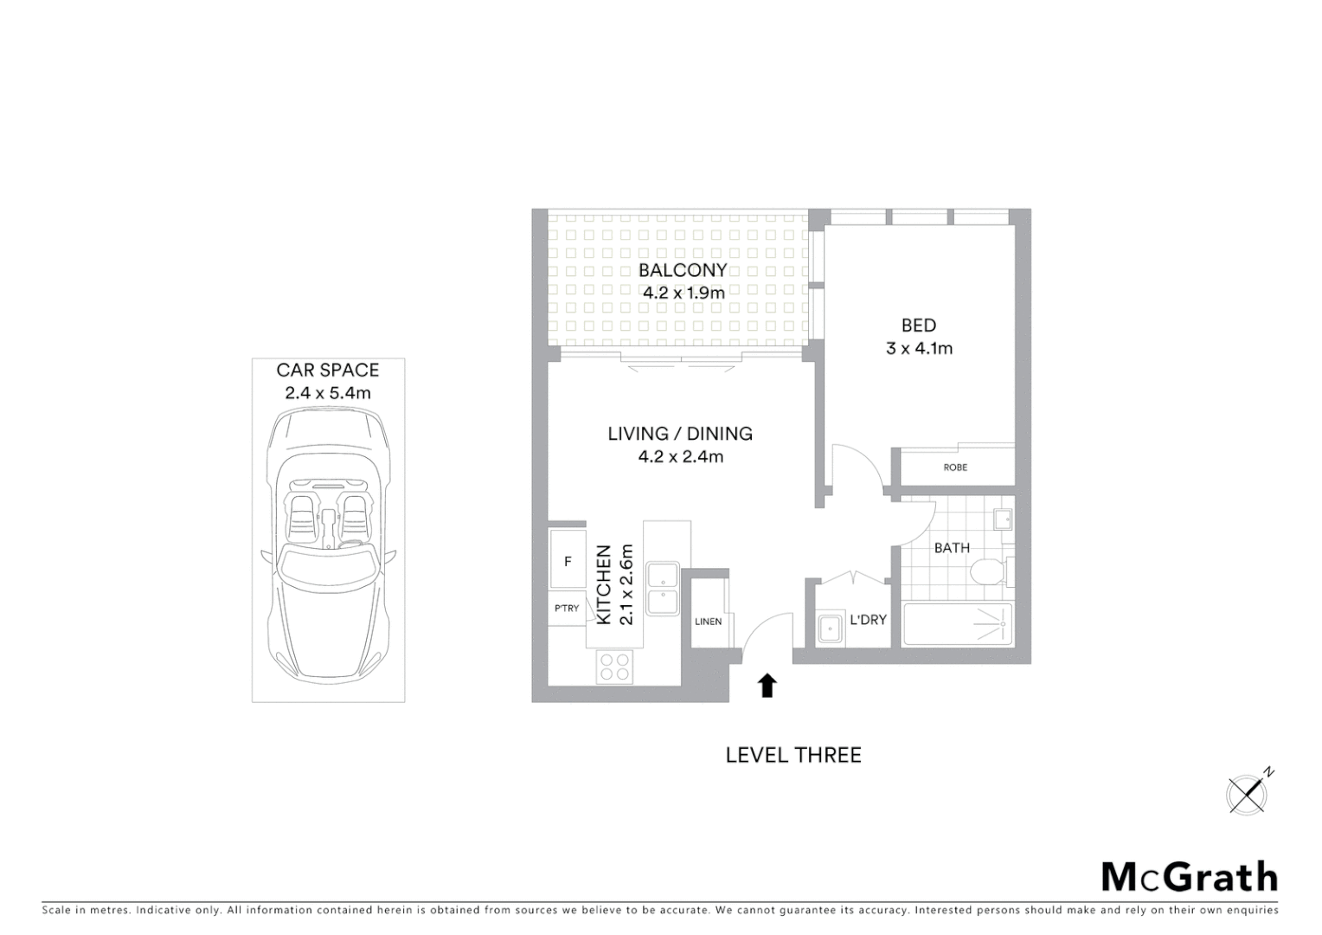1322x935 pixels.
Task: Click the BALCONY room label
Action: pyautogui.click(x=682, y=270)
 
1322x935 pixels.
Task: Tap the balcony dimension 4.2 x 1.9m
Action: pyautogui.click(x=683, y=293)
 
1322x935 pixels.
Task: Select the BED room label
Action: pyautogui.click(x=918, y=326)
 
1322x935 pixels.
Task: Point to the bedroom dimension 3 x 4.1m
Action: pyautogui.click(x=918, y=348)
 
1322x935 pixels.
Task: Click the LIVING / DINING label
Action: pyautogui.click(x=680, y=434)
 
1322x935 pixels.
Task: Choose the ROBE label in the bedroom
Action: pyautogui.click(x=955, y=467)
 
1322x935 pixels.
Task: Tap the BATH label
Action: pyautogui.click(x=952, y=547)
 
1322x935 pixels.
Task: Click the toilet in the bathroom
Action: pyautogui.click(x=987, y=572)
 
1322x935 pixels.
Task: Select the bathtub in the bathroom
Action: pyautogui.click(x=957, y=624)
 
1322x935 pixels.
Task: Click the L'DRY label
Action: pyautogui.click(x=868, y=620)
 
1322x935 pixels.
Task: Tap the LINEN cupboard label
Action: pyautogui.click(x=708, y=621)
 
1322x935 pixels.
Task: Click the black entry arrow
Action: pyautogui.click(x=767, y=686)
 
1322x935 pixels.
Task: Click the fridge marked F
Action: pyautogui.click(x=568, y=561)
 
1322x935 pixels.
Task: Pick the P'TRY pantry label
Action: pyautogui.click(x=567, y=609)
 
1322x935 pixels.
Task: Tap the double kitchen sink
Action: pyautogui.click(x=664, y=589)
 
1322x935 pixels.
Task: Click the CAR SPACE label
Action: pyautogui.click(x=327, y=371)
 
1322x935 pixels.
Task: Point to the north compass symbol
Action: pyautogui.click(x=1248, y=792)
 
